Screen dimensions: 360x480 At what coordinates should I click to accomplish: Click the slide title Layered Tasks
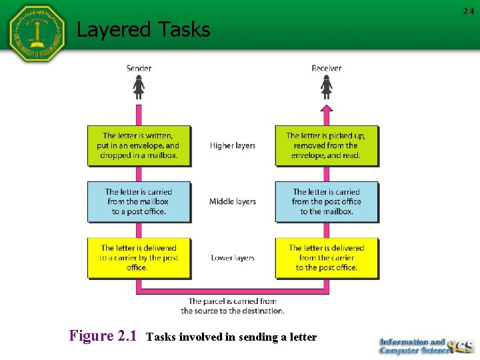(x=143, y=29)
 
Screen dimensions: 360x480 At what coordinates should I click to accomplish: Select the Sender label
(x=139, y=68)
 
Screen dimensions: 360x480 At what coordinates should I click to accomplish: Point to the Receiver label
(x=326, y=68)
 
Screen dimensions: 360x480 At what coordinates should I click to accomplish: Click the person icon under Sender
(x=139, y=87)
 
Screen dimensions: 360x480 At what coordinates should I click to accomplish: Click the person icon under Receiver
(x=326, y=87)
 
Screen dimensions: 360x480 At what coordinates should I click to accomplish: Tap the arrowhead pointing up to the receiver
(x=326, y=108)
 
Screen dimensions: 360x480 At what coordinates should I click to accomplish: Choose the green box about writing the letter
(x=139, y=145)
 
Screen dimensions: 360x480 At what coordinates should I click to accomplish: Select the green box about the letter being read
(x=326, y=145)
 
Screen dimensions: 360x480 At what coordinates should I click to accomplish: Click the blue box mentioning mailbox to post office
(x=139, y=201)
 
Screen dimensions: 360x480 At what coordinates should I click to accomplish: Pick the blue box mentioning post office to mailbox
(x=326, y=201)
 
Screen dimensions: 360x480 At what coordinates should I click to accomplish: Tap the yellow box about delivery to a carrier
(x=139, y=258)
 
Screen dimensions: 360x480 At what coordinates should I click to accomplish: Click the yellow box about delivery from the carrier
(x=326, y=258)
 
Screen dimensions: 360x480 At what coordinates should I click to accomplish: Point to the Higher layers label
(x=233, y=145)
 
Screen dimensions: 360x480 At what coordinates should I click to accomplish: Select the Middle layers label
(x=233, y=201)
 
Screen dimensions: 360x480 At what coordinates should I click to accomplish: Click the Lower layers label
(x=233, y=258)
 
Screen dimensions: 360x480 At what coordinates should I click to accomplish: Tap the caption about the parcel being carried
(x=233, y=306)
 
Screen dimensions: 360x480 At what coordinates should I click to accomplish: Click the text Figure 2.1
(x=103, y=336)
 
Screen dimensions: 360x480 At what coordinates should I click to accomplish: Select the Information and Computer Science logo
(x=427, y=346)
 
